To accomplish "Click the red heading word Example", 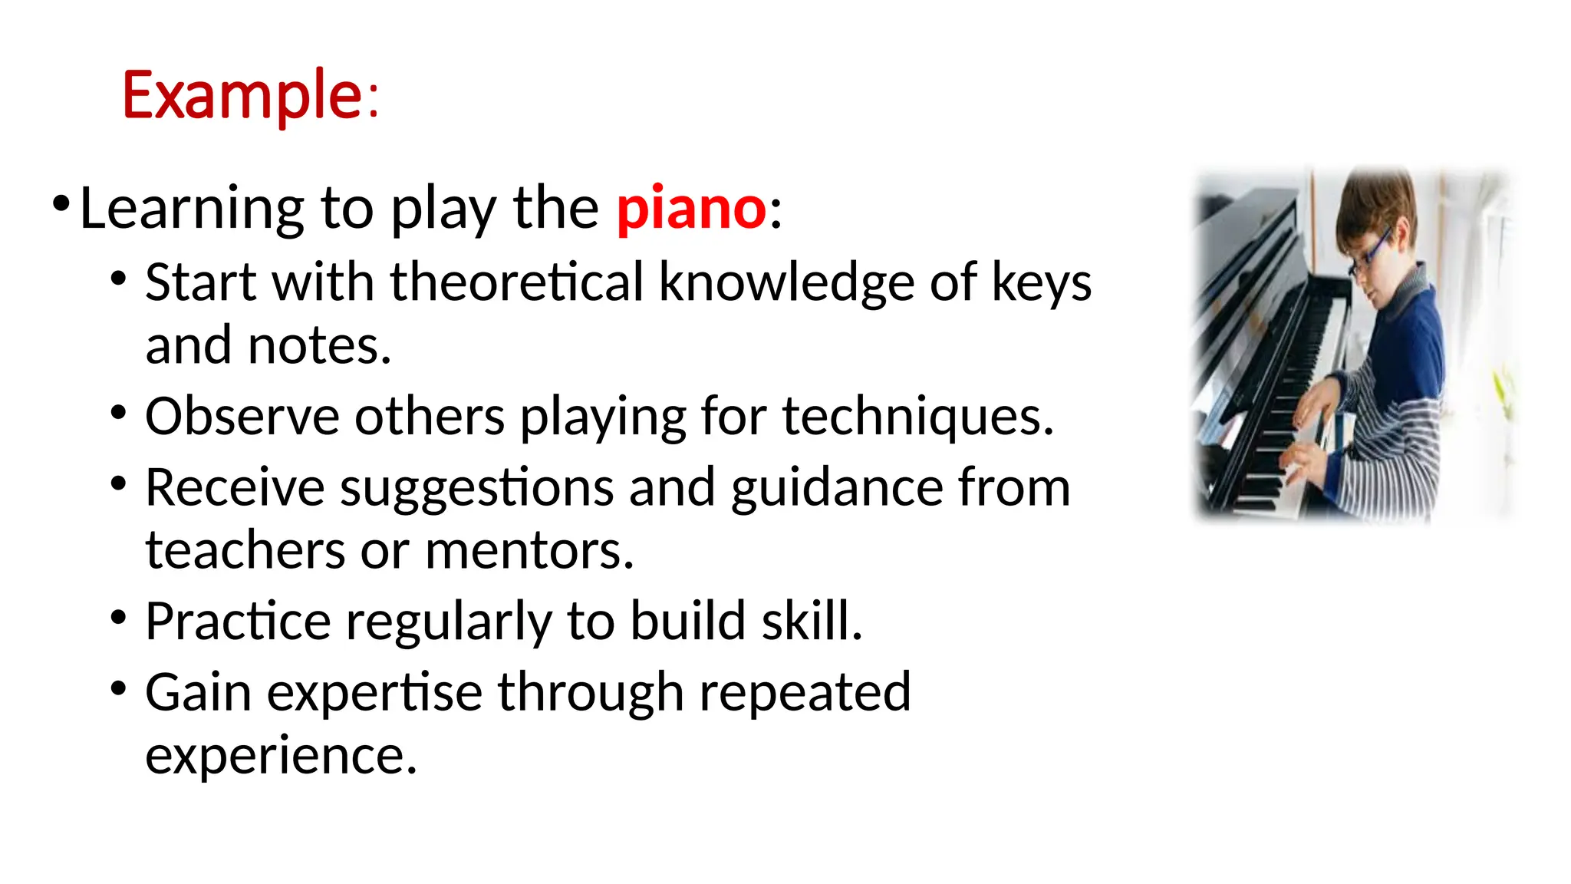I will coord(242,96).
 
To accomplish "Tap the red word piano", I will coord(690,208).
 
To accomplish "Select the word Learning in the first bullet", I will coord(192,209).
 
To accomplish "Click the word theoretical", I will coord(517,282).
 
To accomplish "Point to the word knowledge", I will coord(786,283).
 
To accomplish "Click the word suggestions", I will coord(476,489).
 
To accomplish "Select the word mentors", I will coord(529,551).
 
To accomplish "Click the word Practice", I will coord(238,621).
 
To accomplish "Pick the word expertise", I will coord(374,693).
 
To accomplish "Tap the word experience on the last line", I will coord(281,756).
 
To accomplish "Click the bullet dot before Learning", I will coord(61,203).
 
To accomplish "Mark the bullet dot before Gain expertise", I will coord(117,687).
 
